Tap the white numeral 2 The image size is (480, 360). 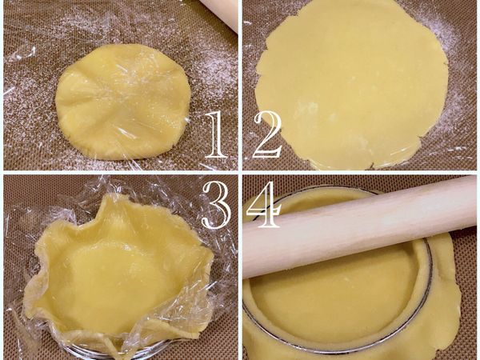coord(267,134)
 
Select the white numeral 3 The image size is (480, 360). coord(217,204)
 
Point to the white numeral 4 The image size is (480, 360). coord(264,204)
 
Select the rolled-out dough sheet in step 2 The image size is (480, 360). coord(352,80)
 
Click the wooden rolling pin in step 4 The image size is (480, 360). coord(360,228)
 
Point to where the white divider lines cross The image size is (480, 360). coord(240,173)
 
